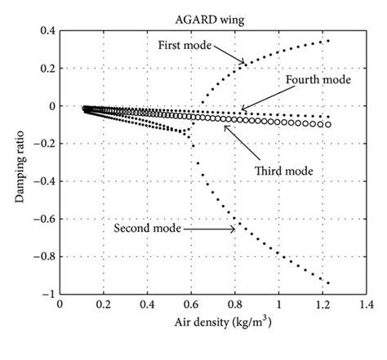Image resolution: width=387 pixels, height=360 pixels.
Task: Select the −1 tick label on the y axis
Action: (49, 293)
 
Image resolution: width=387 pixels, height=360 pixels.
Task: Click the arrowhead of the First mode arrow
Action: (242, 61)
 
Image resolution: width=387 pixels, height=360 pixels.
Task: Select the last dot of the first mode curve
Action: (328, 41)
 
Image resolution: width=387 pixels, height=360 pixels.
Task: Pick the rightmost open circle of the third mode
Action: (328, 125)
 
